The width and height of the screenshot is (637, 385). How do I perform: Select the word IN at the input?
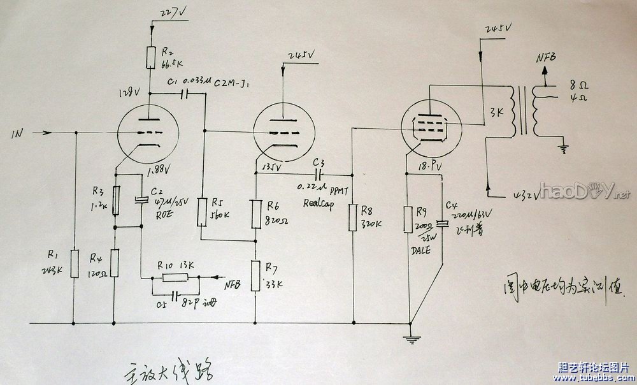point(18,134)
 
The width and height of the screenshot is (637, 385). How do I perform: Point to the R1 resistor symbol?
point(75,260)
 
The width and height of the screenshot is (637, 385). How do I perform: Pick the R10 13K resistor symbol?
point(175,277)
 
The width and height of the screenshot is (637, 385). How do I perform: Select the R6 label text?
point(273,206)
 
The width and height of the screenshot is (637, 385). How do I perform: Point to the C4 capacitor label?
point(451,205)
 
